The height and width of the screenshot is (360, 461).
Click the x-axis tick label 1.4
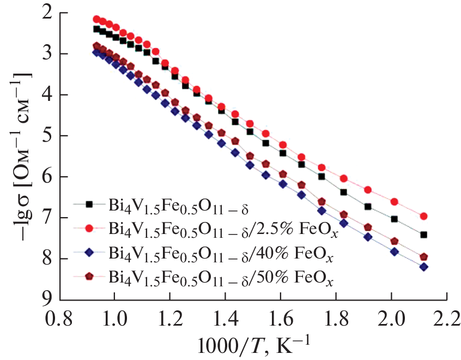(x=225, y=317)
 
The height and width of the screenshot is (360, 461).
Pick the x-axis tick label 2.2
(x=447, y=317)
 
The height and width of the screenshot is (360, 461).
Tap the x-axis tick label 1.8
(x=336, y=317)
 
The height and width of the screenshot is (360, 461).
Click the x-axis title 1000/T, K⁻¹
(x=254, y=344)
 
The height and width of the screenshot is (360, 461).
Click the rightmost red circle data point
(x=423, y=217)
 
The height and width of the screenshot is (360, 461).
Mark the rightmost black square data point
(x=423, y=235)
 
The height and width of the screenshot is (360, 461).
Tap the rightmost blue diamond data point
(x=423, y=267)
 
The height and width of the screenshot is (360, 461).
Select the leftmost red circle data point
(x=97, y=19)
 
